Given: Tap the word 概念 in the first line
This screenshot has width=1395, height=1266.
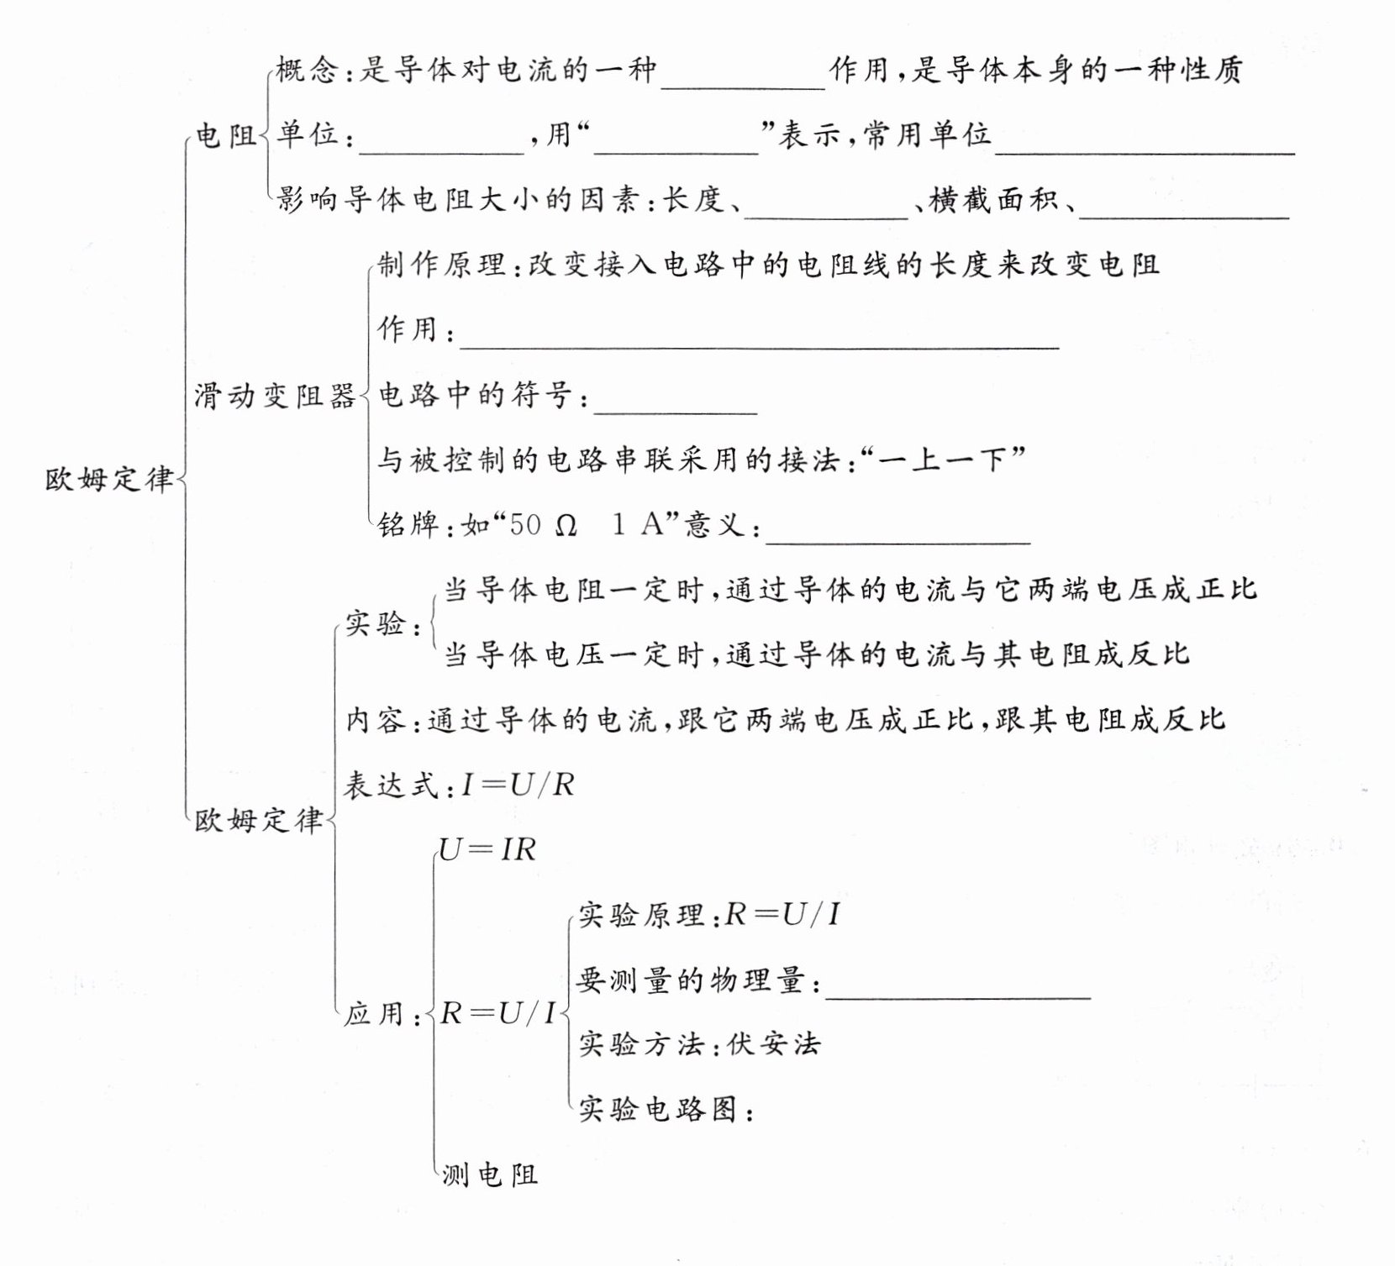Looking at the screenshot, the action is point(307,70).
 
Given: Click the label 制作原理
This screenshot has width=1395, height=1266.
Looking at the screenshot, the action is point(441,265).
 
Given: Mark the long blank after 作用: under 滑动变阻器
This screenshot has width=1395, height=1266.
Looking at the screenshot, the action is point(759,336).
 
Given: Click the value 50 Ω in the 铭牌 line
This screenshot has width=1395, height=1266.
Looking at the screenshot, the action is point(543,525).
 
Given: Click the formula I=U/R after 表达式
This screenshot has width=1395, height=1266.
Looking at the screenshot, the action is point(518,785).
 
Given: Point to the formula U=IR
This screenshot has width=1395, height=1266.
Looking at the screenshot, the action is point(487,849).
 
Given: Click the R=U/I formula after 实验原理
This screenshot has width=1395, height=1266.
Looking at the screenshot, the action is point(782,914).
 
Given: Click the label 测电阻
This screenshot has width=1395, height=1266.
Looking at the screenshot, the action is point(490,1174).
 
